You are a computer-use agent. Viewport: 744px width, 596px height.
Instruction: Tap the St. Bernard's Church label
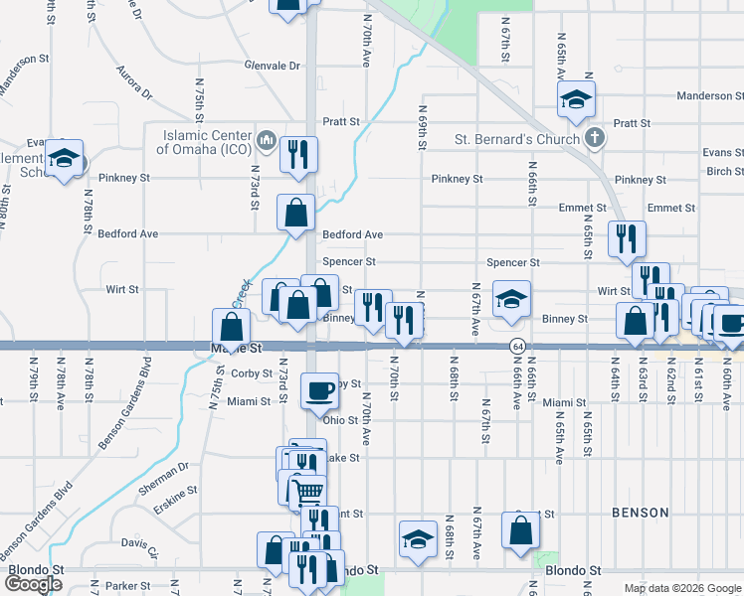point(516,139)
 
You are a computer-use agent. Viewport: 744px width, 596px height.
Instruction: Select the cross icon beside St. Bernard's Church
point(594,138)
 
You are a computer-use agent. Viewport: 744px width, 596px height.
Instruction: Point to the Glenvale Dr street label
point(272,66)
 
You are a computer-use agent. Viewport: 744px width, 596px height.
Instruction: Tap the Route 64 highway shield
point(518,346)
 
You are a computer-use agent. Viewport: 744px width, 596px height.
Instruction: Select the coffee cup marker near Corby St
point(320,389)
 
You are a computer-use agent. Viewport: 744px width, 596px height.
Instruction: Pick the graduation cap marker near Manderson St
point(576,98)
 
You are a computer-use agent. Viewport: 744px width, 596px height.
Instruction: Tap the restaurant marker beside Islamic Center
point(297,153)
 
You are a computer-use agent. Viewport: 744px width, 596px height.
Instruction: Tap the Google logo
point(34,584)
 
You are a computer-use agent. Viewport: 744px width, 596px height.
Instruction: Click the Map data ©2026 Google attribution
point(681,588)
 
